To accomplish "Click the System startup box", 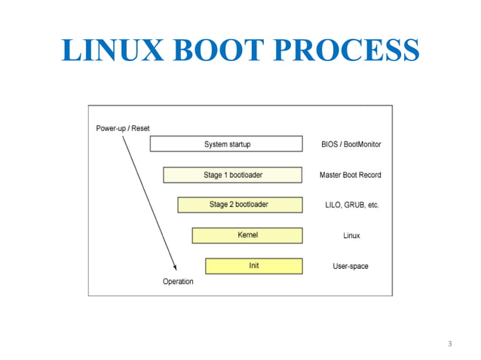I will click(226, 144).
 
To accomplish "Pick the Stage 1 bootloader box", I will click(233, 175).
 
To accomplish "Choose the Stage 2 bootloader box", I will click(240, 205).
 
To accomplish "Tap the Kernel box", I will click(247, 235).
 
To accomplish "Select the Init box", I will click(254, 266).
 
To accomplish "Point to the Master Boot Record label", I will click(351, 175).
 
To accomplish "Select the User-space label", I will click(351, 266).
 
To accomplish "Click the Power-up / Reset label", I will click(122, 128).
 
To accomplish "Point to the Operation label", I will click(178, 282).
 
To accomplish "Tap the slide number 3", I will click(449, 344).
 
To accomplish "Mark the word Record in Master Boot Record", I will click(369, 175).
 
